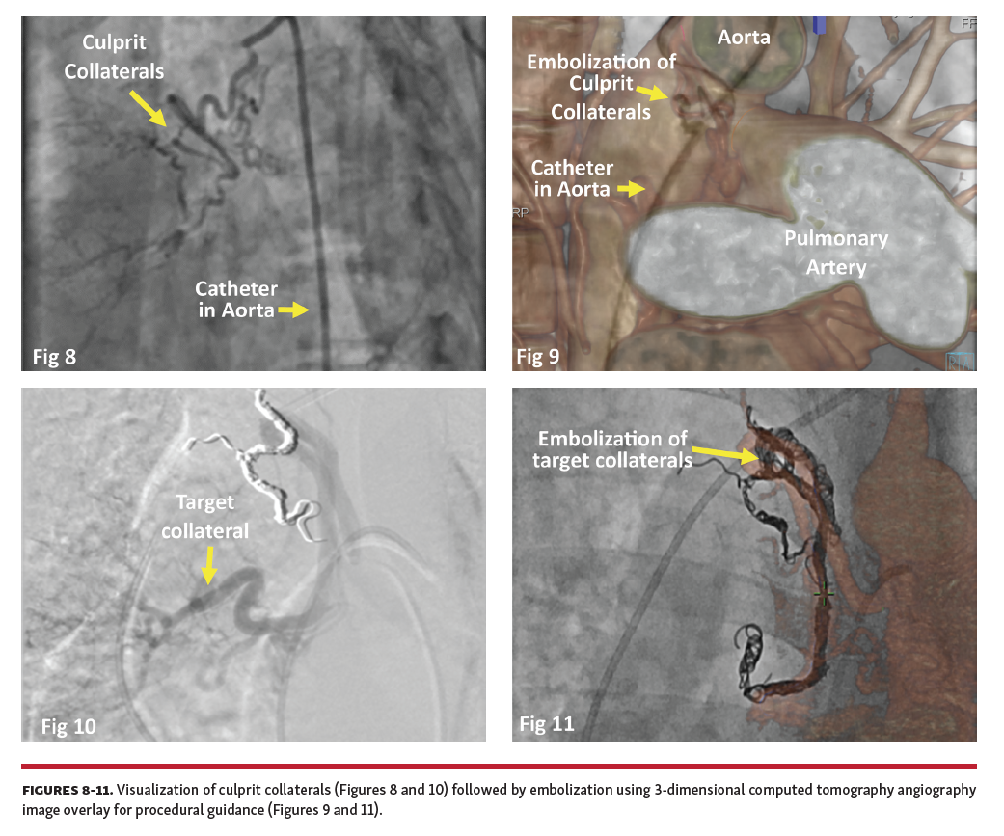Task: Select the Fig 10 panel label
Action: tap(68, 726)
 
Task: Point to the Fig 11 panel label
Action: tap(546, 723)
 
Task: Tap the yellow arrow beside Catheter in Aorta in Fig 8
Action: tap(292, 310)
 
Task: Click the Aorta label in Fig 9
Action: tap(744, 38)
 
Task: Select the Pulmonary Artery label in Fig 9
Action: tap(835, 253)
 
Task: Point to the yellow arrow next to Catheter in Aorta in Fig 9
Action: tap(631, 189)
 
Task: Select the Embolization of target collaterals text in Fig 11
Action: tap(611, 449)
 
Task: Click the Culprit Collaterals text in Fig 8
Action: tap(122, 58)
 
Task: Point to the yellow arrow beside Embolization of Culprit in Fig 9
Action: tap(657, 93)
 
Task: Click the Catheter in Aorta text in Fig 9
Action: tap(572, 178)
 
